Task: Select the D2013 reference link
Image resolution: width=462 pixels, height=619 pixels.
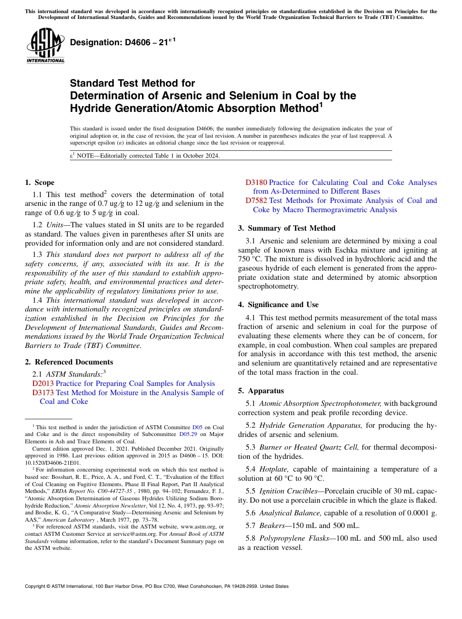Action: pyautogui.click(x=43, y=383)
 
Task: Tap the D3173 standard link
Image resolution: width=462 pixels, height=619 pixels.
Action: pyautogui.click(x=43, y=393)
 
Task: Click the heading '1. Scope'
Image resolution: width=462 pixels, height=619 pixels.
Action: pyautogui.click(x=39, y=182)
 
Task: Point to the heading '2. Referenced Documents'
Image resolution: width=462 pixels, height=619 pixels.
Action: pyautogui.click(x=69, y=362)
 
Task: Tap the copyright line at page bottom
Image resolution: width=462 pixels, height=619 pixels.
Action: pyautogui.click(x=156, y=586)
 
